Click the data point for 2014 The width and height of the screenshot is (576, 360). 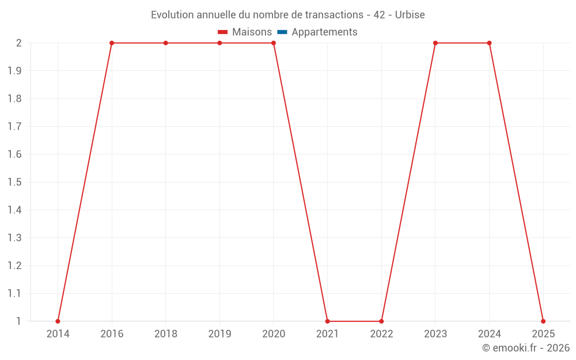[x=58, y=321]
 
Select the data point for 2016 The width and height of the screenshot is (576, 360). [x=112, y=43]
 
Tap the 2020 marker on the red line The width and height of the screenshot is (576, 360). [x=274, y=43]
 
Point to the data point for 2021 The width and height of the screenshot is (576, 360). [x=327, y=321]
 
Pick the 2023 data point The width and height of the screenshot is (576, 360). [x=435, y=43]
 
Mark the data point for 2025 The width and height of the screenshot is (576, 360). [x=543, y=321]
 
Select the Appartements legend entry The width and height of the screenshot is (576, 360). [x=324, y=32]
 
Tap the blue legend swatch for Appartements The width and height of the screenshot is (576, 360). [x=283, y=32]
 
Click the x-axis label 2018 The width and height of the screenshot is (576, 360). [x=165, y=334]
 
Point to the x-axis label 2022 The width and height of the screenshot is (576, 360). [x=381, y=334]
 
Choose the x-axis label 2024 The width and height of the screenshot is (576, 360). [x=489, y=334]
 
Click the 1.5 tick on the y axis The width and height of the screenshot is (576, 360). [x=14, y=182]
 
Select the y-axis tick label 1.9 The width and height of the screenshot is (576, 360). [x=14, y=71]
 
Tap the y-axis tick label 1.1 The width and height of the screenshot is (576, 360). [x=14, y=293]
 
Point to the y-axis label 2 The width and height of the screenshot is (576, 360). [x=18, y=43]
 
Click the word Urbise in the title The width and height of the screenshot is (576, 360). [x=410, y=15]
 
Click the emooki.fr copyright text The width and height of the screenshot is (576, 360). [x=526, y=348]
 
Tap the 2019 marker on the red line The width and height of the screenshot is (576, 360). [x=219, y=43]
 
